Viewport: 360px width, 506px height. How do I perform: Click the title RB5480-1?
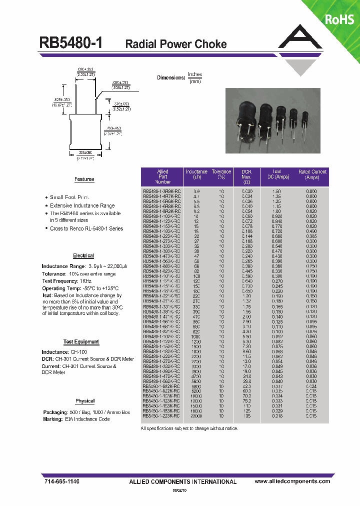(x=70, y=43)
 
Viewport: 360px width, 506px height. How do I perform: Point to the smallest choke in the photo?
(x=305, y=118)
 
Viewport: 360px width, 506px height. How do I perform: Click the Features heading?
(x=84, y=179)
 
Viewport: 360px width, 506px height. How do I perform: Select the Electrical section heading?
(x=83, y=256)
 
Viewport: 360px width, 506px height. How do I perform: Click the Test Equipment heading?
(x=81, y=342)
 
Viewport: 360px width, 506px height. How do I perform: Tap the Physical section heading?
(x=85, y=401)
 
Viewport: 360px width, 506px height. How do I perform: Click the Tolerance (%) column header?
(x=221, y=174)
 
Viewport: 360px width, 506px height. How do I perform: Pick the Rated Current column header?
(x=312, y=174)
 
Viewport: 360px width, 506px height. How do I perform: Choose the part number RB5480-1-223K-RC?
(x=162, y=416)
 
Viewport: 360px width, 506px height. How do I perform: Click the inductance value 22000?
(x=196, y=416)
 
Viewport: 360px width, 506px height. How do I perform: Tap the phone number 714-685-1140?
(x=59, y=481)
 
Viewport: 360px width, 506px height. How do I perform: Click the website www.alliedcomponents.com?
(x=292, y=481)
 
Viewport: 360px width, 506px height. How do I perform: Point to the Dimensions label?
(x=171, y=77)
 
